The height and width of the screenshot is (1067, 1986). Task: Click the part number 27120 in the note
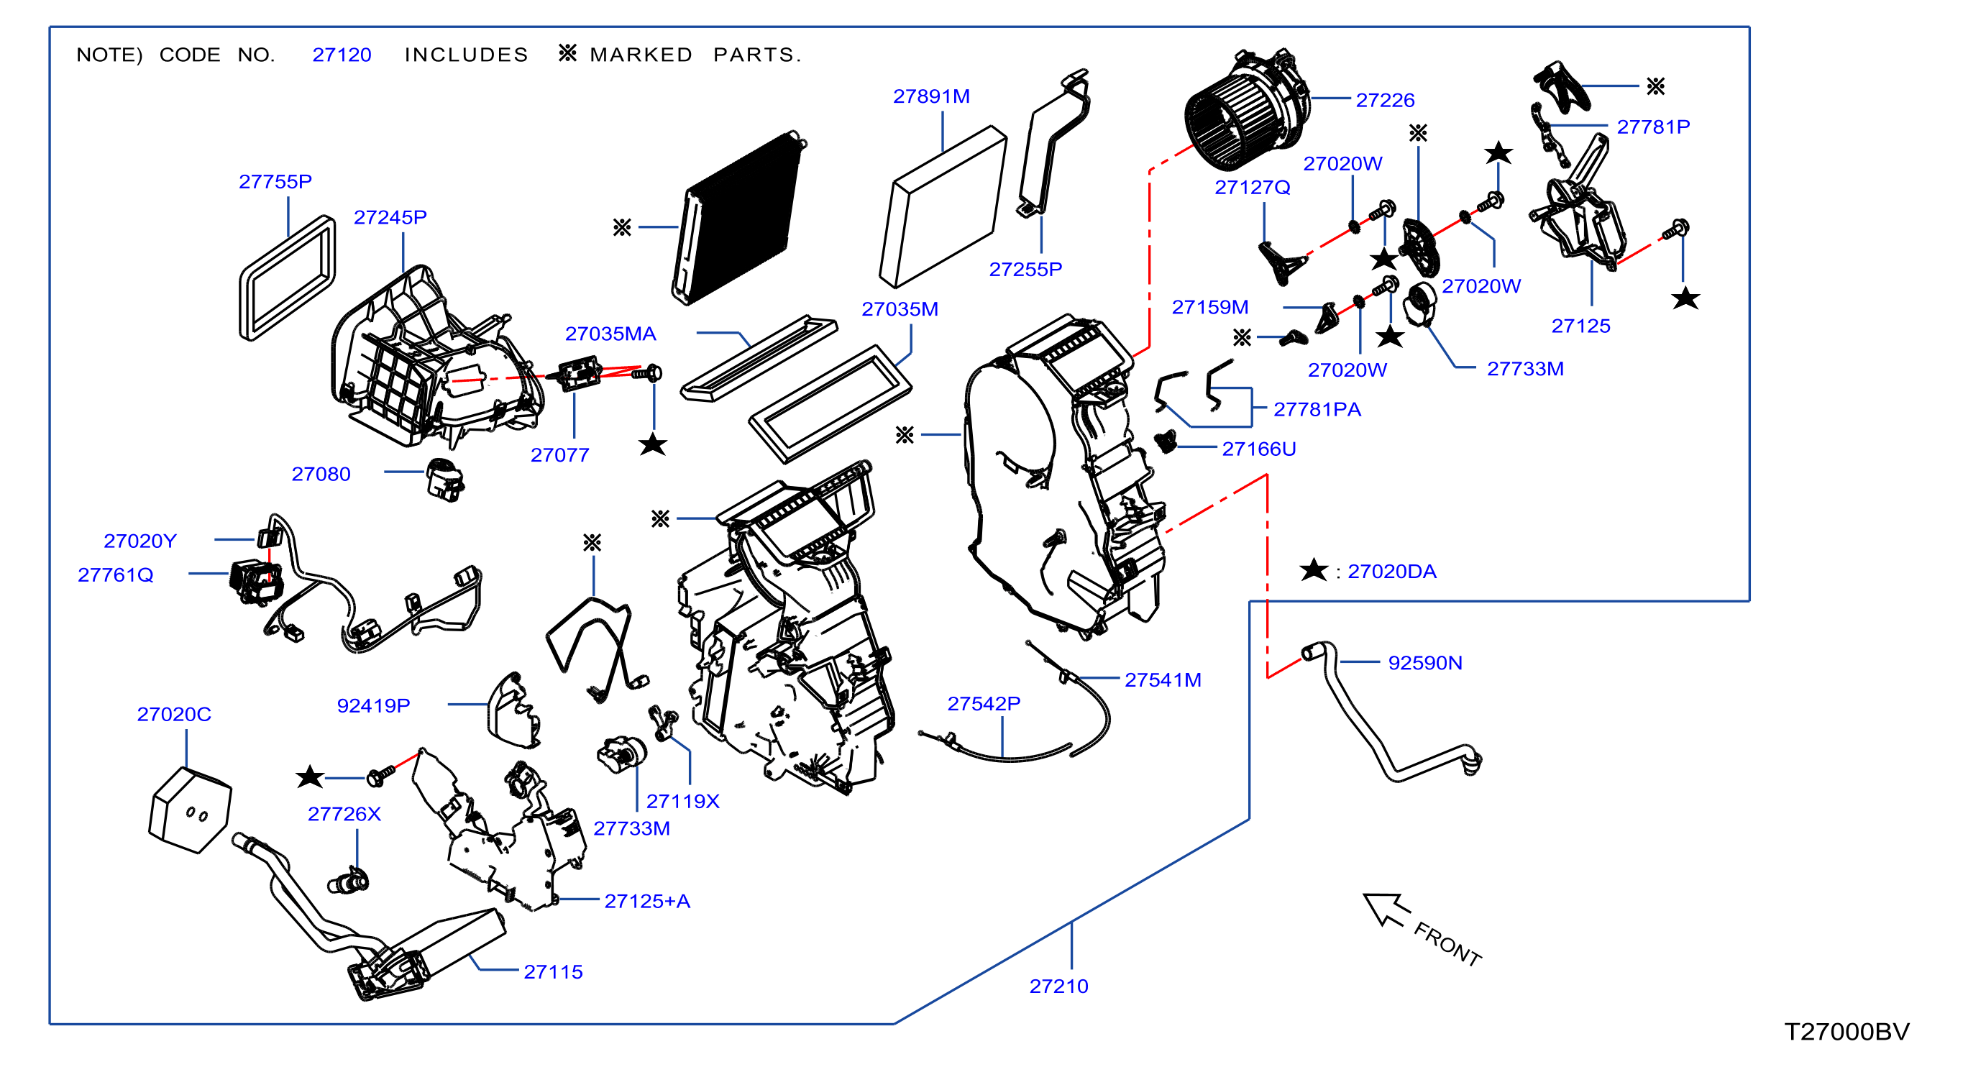click(x=342, y=55)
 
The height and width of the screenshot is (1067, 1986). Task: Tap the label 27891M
click(x=931, y=96)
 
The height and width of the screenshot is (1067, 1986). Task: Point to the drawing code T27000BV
click(x=1847, y=1031)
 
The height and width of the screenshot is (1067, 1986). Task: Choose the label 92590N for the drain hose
click(x=1424, y=663)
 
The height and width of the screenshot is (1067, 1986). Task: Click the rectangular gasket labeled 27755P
click(x=288, y=278)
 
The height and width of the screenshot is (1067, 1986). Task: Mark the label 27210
click(x=1058, y=986)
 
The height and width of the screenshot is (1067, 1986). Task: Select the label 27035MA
click(x=610, y=334)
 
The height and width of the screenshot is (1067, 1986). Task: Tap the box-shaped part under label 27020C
click(x=190, y=810)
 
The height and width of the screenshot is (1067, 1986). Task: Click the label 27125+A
click(x=647, y=901)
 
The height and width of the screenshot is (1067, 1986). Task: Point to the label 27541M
click(x=1163, y=680)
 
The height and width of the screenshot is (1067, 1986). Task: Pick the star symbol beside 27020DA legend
click(x=1314, y=570)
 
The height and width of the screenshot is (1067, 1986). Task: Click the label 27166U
click(x=1259, y=449)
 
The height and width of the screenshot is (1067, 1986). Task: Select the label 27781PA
click(x=1317, y=409)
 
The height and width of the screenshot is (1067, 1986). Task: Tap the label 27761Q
click(x=116, y=575)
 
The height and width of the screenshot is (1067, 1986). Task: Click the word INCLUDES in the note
click(x=467, y=55)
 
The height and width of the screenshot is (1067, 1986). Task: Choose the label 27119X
click(x=682, y=802)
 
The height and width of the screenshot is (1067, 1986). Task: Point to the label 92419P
click(x=373, y=705)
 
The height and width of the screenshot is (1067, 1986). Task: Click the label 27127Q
click(x=1252, y=188)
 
